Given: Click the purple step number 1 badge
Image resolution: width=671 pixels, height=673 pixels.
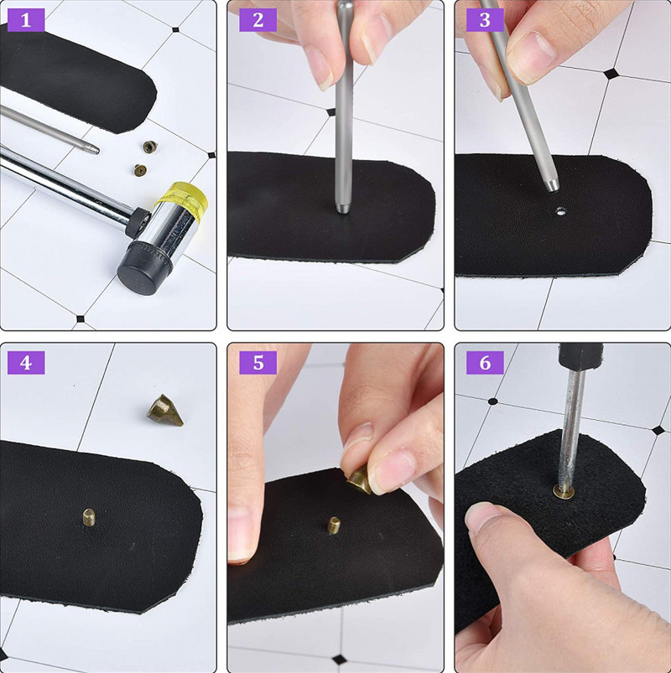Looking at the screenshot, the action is coord(26,20).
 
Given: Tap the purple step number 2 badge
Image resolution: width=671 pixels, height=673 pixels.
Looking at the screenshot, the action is coord(257,20).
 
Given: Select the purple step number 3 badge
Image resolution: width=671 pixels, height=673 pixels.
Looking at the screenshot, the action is coord(485,20).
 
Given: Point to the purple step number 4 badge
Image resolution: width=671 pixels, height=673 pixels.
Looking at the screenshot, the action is coord(26,363).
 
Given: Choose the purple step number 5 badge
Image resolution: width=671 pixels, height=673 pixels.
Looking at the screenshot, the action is coord(257,363).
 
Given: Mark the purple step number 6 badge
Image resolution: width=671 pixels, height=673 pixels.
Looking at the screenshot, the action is coord(485,363).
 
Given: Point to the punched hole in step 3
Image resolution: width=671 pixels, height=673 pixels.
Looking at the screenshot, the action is coord(560,211).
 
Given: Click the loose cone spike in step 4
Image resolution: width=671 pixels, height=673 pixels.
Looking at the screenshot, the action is coord(164,411).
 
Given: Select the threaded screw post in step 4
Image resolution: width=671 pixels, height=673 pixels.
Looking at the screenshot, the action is coord(89,516).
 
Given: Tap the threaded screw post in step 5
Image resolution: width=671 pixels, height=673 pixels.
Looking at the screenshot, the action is coord(334,525).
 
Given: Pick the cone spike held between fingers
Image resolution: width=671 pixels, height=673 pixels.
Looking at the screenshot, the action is coord(360,481).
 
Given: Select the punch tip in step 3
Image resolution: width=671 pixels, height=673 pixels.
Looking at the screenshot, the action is coord(552,184).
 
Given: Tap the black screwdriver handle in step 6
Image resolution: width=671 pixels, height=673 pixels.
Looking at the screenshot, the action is coord(580,356).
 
